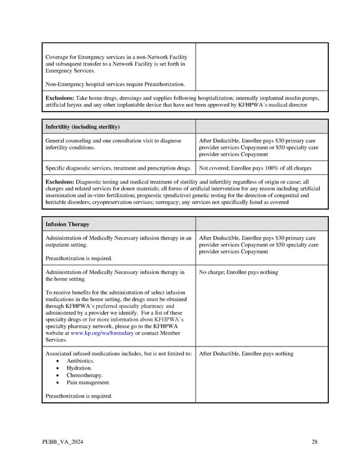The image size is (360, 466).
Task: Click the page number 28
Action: pos(314,443)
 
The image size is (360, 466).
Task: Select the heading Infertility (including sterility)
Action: pos(83,127)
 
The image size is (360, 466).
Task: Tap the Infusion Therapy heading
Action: pos(67,225)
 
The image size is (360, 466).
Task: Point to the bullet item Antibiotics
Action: pos(80,361)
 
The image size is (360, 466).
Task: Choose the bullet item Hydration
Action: pos(79,368)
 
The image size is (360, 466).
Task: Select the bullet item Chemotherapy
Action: pos(84,375)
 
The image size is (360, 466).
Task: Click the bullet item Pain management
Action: pos(88,383)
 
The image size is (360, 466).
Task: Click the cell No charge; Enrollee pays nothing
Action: pos(238,272)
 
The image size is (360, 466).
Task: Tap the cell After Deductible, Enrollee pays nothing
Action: pos(246,354)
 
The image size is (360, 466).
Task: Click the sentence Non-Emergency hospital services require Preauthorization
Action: pos(115,84)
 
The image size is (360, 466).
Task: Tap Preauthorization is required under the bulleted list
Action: pos(79,396)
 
